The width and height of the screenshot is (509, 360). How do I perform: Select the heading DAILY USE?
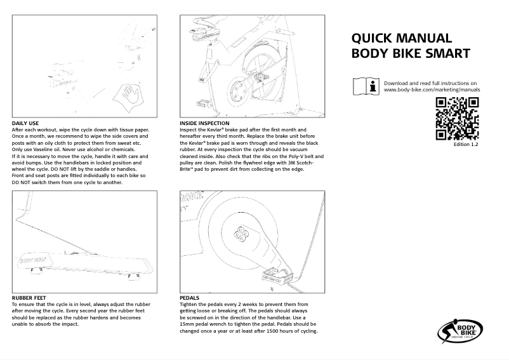tap(25, 123)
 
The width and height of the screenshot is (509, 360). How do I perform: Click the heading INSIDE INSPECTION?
tap(205, 123)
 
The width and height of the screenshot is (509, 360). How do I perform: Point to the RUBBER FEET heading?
tap(30, 297)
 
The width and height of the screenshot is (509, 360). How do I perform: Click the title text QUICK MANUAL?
tap(402, 38)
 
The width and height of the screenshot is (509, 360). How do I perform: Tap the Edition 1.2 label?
tap(466, 145)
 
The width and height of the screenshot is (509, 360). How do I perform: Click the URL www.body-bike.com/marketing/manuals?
tap(432, 90)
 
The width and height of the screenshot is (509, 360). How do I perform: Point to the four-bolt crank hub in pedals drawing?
tap(242, 234)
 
